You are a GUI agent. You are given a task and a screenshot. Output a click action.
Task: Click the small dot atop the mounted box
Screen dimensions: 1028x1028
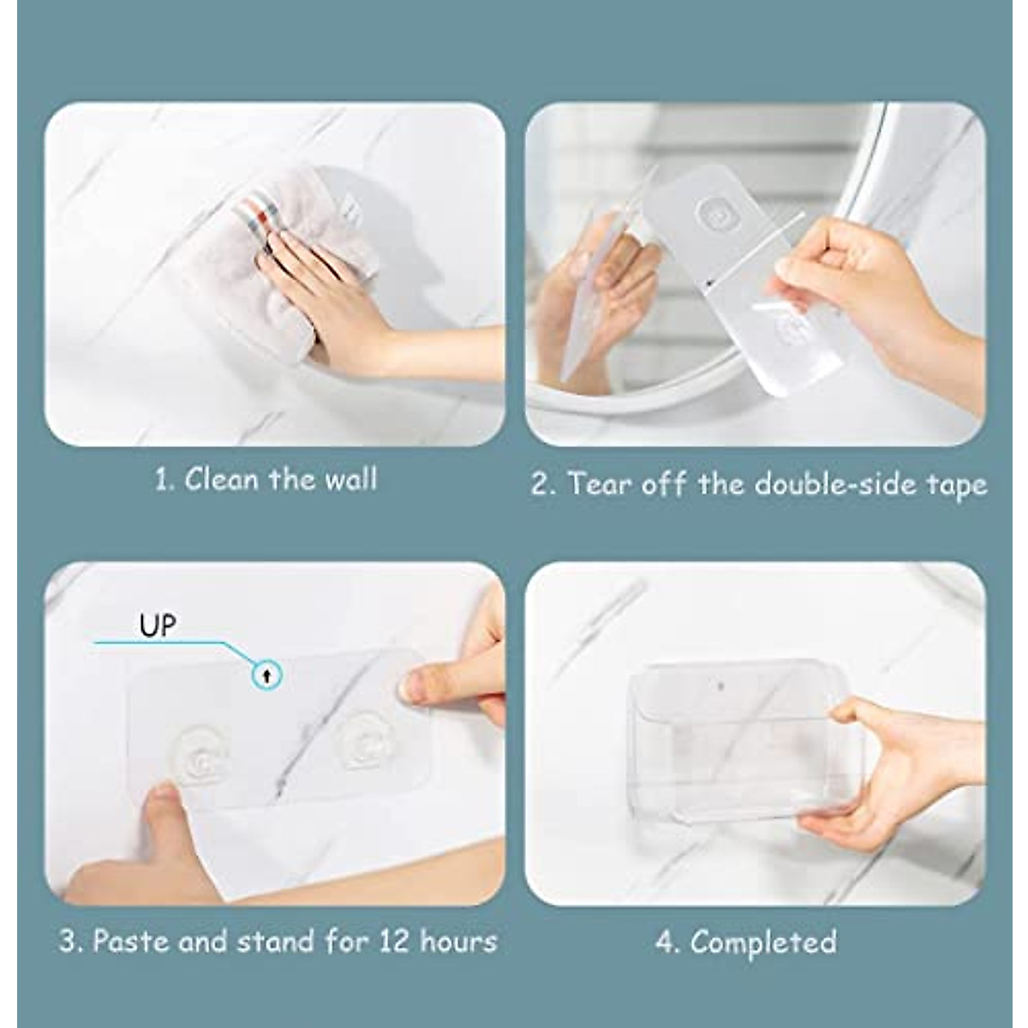click(720, 686)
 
